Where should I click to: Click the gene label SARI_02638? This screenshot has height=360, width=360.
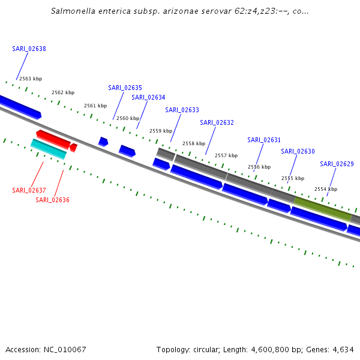29,49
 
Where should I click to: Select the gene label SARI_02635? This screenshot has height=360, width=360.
125,88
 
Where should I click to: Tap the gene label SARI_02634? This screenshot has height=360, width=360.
148,97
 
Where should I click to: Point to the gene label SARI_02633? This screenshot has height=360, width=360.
182,110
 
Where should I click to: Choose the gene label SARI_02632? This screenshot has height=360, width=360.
217,122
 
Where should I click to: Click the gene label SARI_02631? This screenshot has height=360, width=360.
264,140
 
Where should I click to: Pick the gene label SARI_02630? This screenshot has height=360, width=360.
298,151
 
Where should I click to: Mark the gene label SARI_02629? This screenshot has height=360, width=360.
337,164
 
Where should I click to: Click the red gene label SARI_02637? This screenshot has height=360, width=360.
29,190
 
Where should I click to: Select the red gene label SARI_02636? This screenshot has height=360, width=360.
52,200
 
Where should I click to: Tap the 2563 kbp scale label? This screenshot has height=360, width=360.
31,79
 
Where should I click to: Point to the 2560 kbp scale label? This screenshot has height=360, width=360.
128,118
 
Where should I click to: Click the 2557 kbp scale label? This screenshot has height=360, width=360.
226,155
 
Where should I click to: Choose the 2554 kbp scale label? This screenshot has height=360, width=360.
326,189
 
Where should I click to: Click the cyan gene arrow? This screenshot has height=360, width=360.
48,149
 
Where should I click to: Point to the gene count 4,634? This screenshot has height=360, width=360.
341,349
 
